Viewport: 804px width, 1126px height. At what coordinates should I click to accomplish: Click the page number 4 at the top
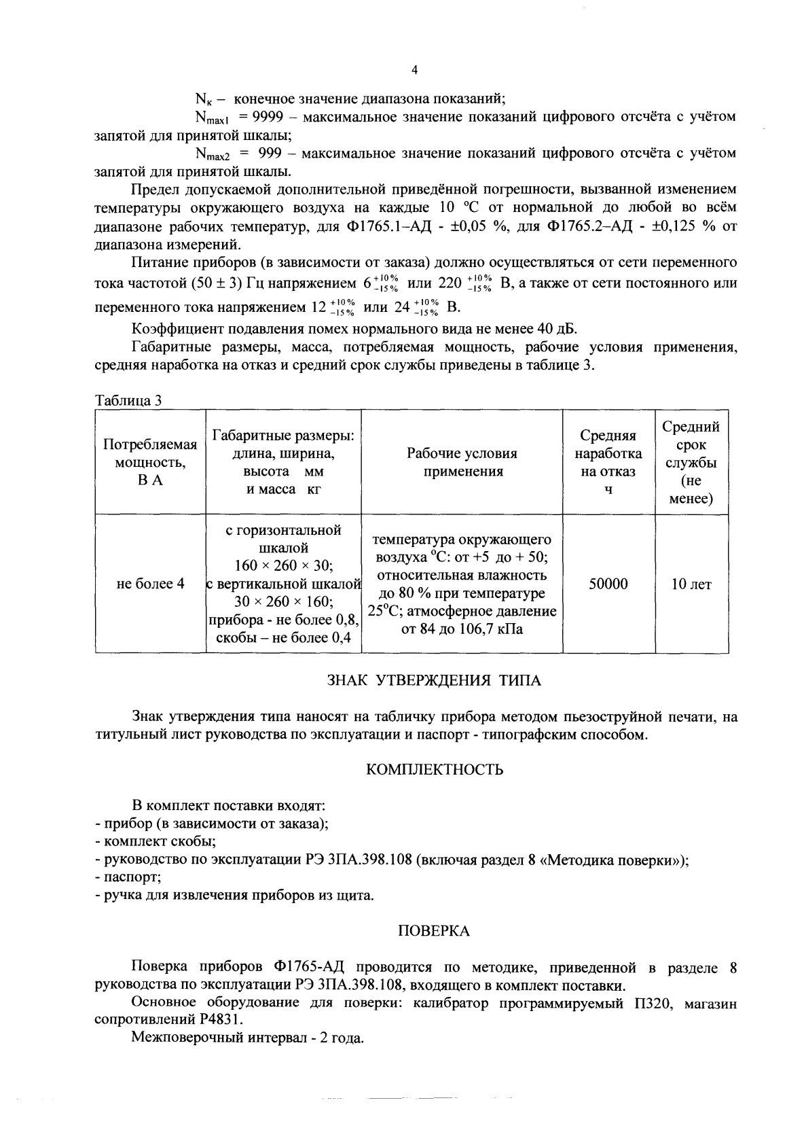pyautogui.click(x=415, y=69)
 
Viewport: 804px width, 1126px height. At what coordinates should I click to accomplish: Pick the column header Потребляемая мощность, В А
pyautogui.click(x=150, y=461)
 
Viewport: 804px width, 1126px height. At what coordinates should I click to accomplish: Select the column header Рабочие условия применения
pyautogui.click(x=462, y=462)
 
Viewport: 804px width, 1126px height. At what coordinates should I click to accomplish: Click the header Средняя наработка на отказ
pyautogui.click(x=608, y=462)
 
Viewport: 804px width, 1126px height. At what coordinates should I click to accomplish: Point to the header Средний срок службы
pyautogui.click(x=691, y=462)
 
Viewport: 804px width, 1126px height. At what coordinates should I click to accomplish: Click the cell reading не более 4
pyautogui.click(x=150, y=584)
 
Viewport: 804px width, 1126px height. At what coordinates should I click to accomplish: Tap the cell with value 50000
pyautogui.click(x=608, y=584)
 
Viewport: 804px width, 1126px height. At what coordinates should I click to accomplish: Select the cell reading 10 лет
pyautogui.click(x=691, y=584)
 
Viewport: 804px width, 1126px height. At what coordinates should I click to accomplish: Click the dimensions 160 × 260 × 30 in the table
pyautogui.click(x=282, y=565)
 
